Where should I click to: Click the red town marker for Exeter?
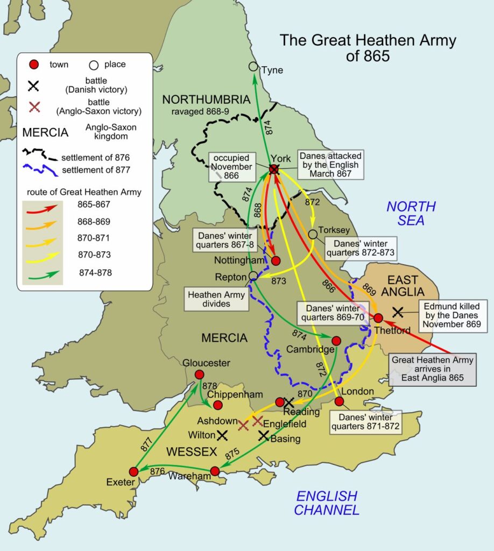click(x=134, y=471)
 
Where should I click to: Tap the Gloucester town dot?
click(x=199, y=375)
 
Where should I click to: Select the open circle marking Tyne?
click(x=253, y=66)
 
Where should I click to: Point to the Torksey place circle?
click(x=312, y=234)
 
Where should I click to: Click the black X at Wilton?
click(x=222, y=434)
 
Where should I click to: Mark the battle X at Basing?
click(x=264, y=436)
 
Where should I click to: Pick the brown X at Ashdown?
click(x=243, y=426)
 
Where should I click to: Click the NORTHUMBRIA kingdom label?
click(x=207, y=100)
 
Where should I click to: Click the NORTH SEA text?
click(x=411, y=213)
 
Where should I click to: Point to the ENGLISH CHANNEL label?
click(x=327, y=503)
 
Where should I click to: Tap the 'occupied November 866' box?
click(x=231, y=167)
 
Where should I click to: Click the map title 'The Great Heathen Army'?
click(x=368, y=47)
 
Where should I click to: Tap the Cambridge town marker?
click(x=336, y=341)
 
